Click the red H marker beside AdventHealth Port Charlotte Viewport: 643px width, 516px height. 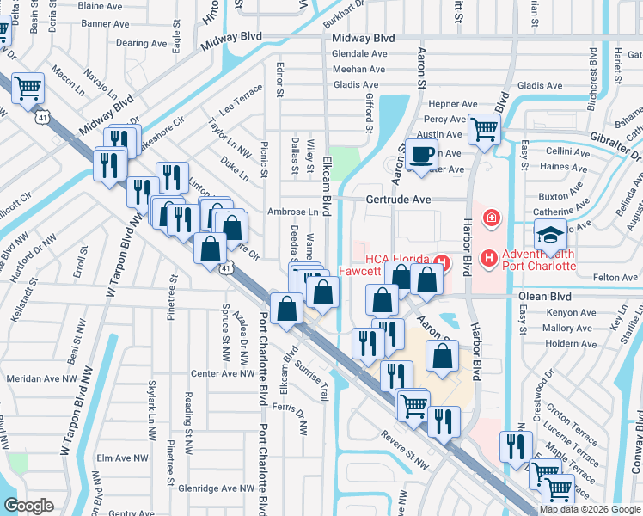coord(488,256)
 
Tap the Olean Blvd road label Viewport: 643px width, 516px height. coord(545,295)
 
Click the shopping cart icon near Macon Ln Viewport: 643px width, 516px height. coord(28,88)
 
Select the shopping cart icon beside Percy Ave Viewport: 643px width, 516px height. coord(485,130)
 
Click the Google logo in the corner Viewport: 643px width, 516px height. coord(29,505)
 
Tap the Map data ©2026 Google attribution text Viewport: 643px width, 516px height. coord(590,509)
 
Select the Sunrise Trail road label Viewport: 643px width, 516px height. coord(313,379)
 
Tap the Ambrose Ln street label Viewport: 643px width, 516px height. coord(292,212)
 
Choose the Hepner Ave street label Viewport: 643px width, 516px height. coord(449,103)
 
